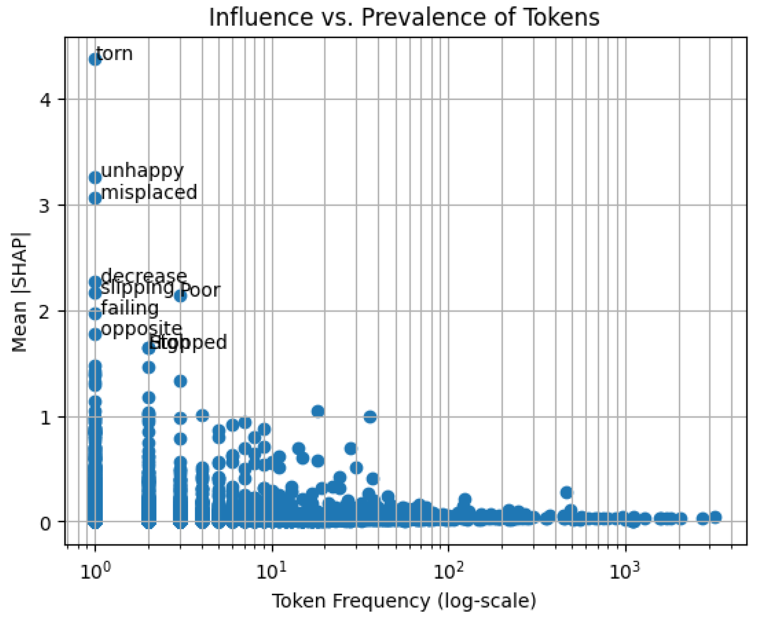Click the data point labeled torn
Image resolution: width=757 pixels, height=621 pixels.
[95, 59]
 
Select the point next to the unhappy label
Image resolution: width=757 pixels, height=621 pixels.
[95, 177]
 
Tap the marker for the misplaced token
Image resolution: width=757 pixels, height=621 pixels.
[95, 198]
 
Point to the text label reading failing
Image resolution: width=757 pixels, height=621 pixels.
[130, 308]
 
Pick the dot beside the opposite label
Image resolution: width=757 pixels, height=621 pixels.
[95, 335]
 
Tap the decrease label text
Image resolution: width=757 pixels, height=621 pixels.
[144, 276]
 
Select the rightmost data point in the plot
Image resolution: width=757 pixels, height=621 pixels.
[715, 517]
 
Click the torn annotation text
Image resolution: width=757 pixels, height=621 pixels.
[115, 54]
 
